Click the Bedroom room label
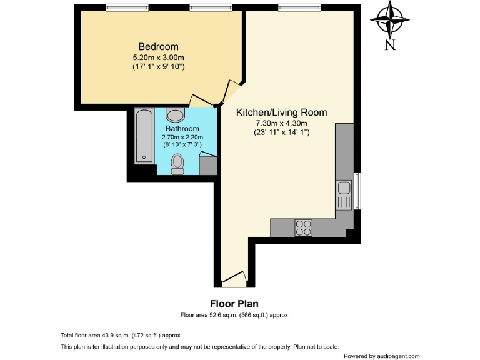(x=158, y=47)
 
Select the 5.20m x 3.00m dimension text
(x=158, y=57)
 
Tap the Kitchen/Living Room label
(x=281, y=112)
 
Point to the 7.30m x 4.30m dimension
(x=281, y=122)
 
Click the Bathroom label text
(x=182, y=129)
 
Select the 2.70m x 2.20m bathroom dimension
(x=183, y=137)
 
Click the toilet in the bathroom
(x=178, y=164)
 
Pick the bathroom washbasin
(x=176, y=115)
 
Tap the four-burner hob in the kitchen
(x=304, y=228)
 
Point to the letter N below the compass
(x=390, y=45)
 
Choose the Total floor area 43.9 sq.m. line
(x=120, y=335)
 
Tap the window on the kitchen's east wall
(x=357, y=191)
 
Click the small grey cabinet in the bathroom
(x=208, y=166)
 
